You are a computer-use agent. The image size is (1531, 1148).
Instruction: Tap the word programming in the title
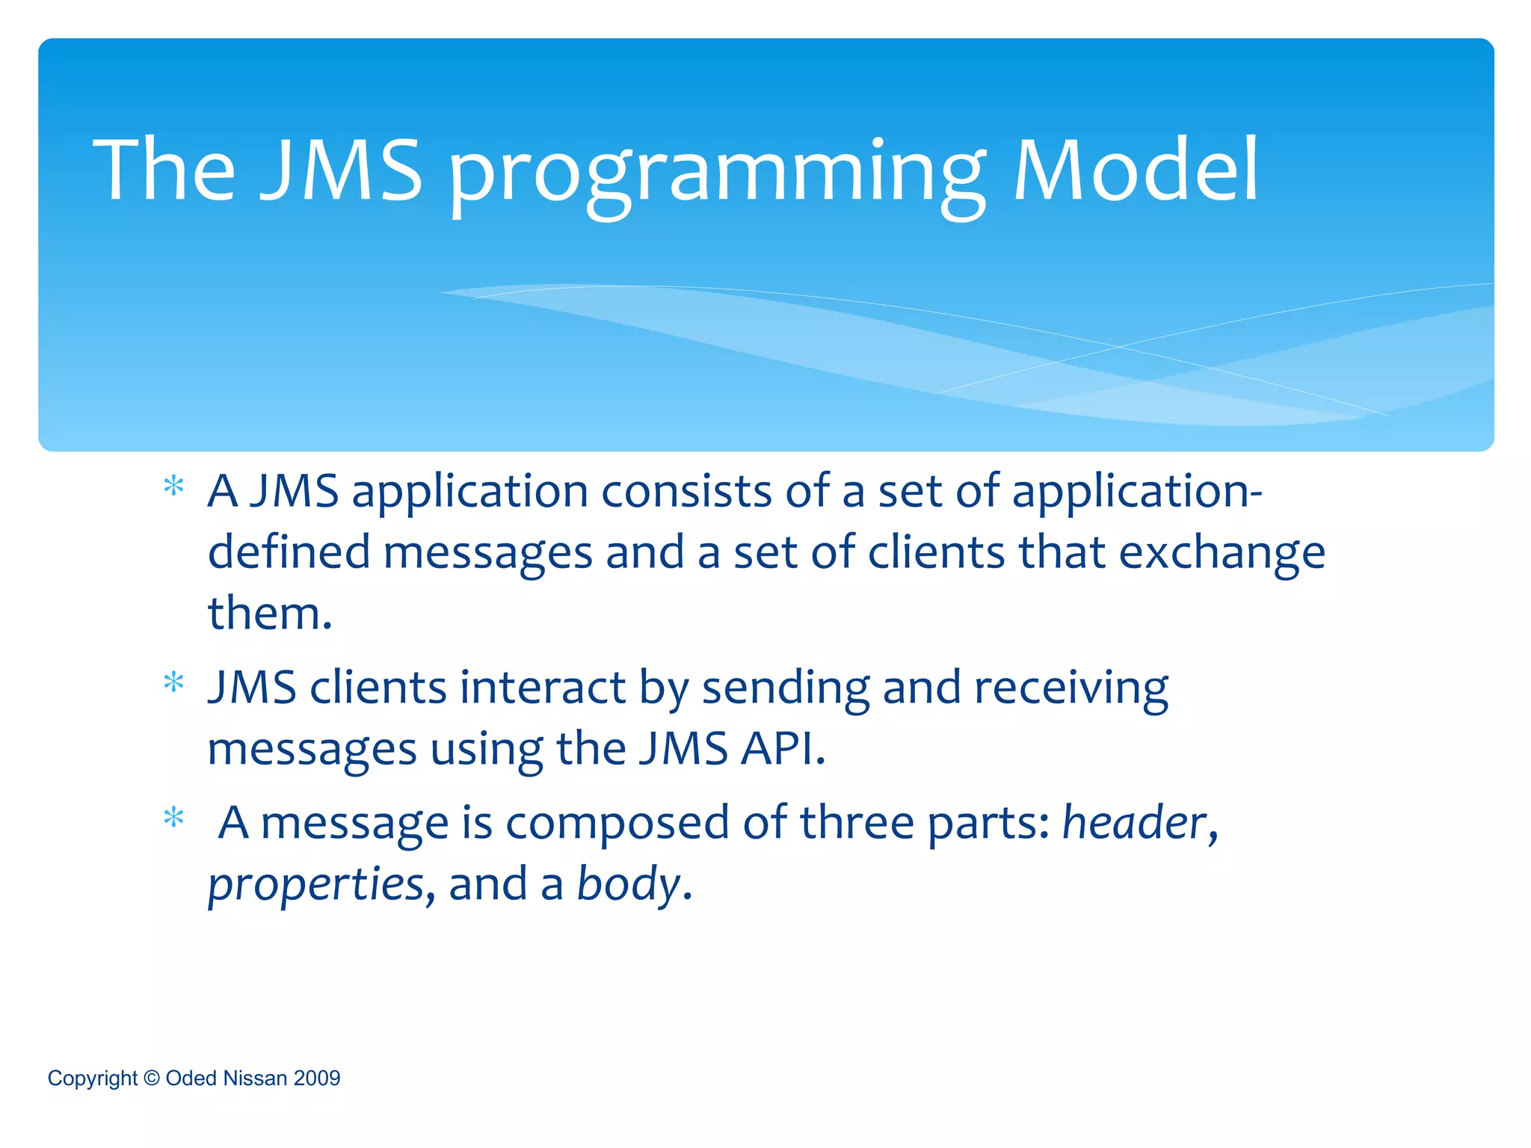coord(716,176)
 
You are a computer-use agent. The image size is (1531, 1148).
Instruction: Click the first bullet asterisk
coord(173,487)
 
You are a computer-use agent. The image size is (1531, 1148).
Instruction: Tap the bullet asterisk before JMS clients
coord(173,682)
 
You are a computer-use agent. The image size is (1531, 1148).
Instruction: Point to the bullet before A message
coord(173,818)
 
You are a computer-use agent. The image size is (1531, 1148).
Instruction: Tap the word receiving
coord(1071,689)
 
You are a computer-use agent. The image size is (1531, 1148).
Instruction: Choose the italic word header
coord(1134,823)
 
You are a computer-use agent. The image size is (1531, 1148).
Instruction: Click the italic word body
coord(628,884)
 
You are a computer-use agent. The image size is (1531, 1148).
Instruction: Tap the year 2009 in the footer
coord(317,1078)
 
